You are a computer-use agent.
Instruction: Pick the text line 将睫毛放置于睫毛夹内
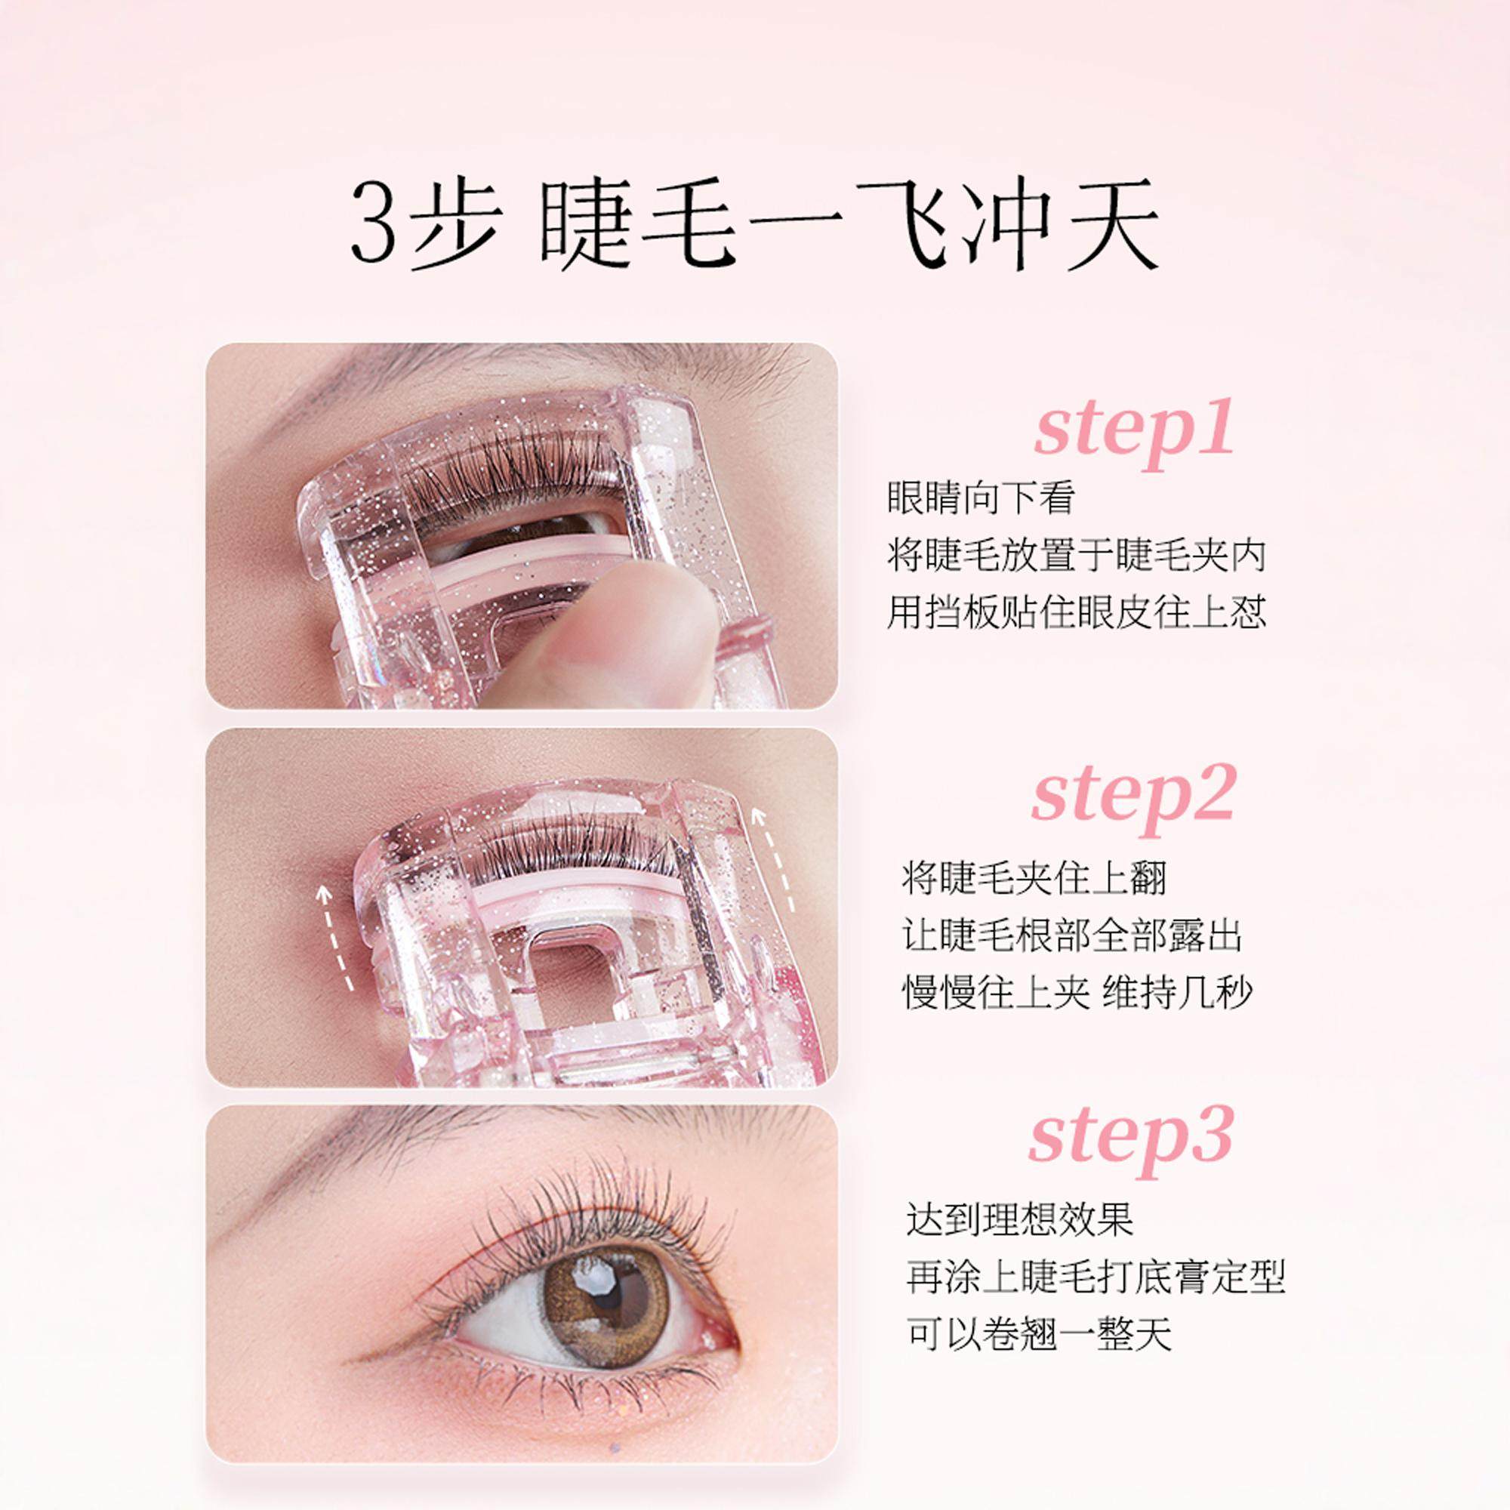tap(1076, 556)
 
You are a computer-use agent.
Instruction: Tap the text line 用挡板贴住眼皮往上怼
tap(1076, 612)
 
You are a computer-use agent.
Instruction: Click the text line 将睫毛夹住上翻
tap(1034, 880)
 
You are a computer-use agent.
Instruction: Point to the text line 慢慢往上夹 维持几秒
tap(1078, 993)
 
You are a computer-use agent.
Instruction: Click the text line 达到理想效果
tap(1020, 1221)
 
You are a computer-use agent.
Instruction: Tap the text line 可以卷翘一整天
tap(1039, 1336)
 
